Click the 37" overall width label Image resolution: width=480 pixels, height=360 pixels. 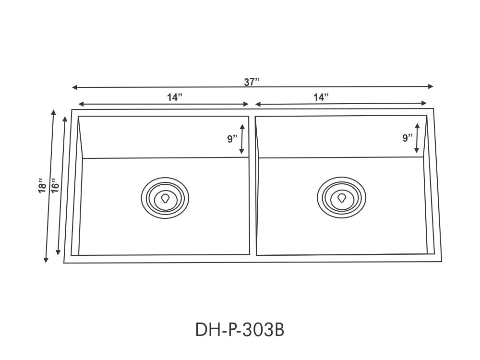click(x=252, y=82)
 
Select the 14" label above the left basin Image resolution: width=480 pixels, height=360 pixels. click(x=175, y=97)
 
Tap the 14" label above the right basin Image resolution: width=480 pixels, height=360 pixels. click(x=321, y=97)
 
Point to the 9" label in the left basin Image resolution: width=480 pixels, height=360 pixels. click(x=232, y=139)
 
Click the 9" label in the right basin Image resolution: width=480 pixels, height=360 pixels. click(x=408, y=138)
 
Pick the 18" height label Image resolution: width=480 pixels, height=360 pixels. click(x=42, y=186)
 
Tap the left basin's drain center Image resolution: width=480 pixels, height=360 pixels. click(x=166, y=198)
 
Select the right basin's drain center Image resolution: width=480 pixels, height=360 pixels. click(x=342, y=197)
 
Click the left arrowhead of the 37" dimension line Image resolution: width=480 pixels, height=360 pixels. click(x=74, y=87)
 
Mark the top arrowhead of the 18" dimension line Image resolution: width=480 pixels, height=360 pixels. click(x=53, y=113)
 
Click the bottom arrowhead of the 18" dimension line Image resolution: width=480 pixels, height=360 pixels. click(x=46, y=260)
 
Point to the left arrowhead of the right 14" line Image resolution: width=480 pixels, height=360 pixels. click(x=258, y=104)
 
